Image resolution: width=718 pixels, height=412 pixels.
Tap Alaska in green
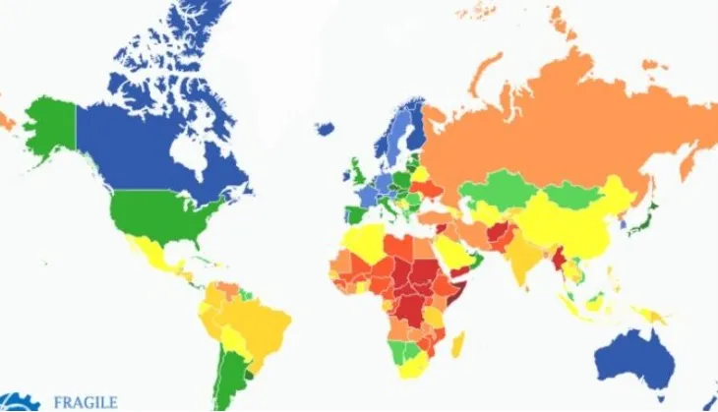49,128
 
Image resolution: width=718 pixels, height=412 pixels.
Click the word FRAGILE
86,402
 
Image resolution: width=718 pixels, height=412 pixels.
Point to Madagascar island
457,345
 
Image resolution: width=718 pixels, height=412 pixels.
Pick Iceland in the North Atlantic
326,128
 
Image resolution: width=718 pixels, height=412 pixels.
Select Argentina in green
229,379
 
